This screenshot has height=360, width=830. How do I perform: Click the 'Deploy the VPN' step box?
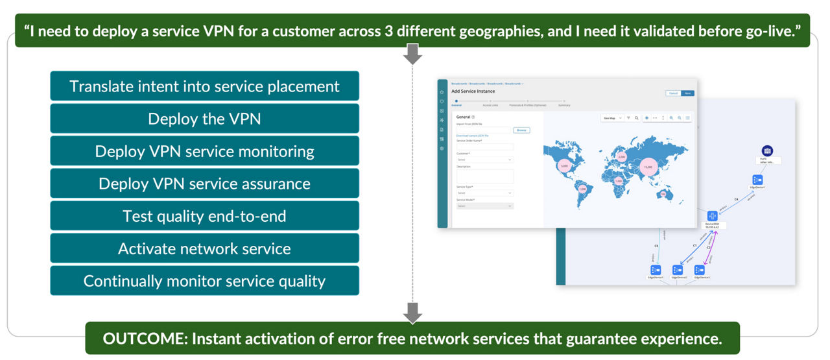(204, 119)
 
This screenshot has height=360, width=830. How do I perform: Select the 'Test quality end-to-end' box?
(204, 216)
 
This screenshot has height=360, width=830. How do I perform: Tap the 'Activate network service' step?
(204, 248)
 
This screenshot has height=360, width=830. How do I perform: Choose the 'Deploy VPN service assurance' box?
(204, 184)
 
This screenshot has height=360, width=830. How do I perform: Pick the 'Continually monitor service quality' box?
(204, 281)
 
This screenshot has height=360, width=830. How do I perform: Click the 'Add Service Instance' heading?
(473, 91)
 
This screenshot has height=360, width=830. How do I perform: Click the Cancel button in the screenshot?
(673, 93)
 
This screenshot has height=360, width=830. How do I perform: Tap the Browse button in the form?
(521, 130)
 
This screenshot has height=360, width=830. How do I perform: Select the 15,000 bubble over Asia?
(647, 167)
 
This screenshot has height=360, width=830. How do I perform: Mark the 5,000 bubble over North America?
(564, 166)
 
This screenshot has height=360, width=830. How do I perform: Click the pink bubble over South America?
(582, 189)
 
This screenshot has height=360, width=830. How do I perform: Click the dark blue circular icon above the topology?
(767, 151)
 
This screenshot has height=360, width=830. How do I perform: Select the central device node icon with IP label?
(712, 216)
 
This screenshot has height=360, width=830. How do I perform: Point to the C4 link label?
(735, 199)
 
